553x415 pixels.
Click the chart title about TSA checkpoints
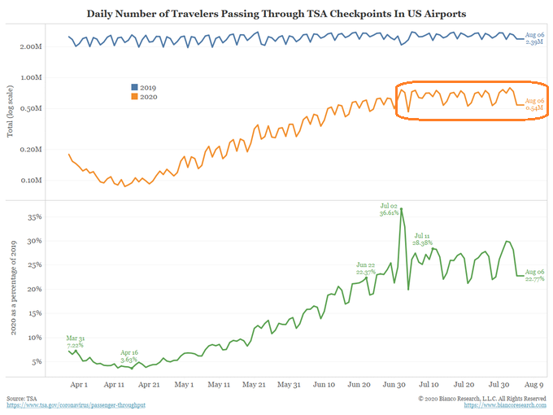(x=276, y=14)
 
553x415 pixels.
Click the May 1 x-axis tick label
(x=184, y=384)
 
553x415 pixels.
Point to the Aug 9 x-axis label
(x=533, y=384)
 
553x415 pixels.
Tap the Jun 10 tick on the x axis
(x=324, y=384)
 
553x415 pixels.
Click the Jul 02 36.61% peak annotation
(x=388, y=210)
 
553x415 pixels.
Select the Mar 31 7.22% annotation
(x=76, y=342)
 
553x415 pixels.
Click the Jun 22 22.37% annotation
(x=365, y=269)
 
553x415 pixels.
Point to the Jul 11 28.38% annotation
(x=424, y=238)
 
